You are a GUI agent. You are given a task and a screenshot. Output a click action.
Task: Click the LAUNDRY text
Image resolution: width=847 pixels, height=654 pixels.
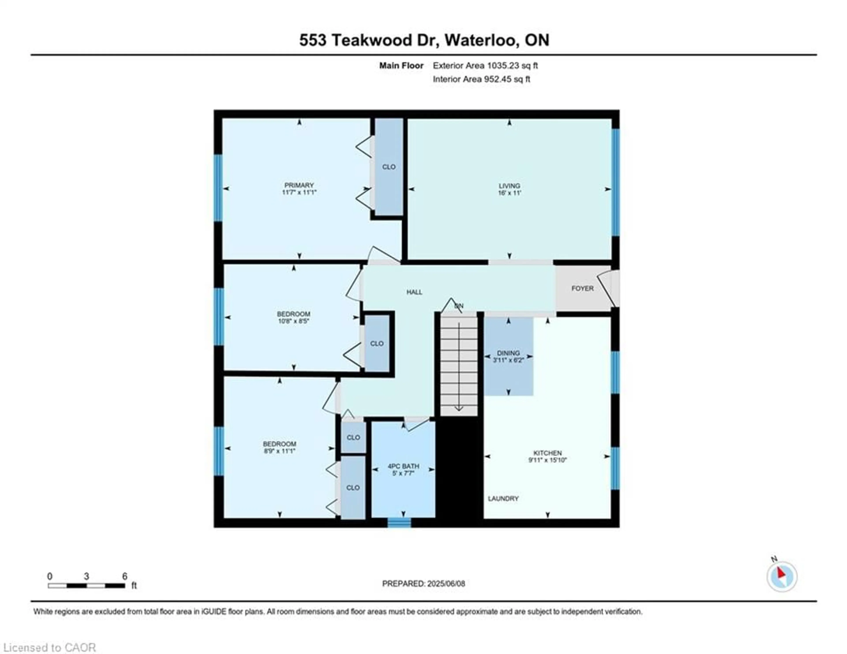coord(503,498)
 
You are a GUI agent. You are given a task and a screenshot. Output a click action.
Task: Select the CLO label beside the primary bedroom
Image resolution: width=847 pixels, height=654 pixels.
coord(389,167)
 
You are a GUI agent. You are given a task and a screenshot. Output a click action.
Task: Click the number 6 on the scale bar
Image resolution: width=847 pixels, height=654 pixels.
coord(124,576)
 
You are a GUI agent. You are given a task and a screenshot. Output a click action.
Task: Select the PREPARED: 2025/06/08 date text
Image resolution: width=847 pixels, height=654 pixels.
coord(423,583)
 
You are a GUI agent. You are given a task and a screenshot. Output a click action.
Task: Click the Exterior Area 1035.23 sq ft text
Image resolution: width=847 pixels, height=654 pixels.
coord(485,66)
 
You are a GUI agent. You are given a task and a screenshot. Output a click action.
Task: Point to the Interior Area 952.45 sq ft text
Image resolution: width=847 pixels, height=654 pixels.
coord(481,79)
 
